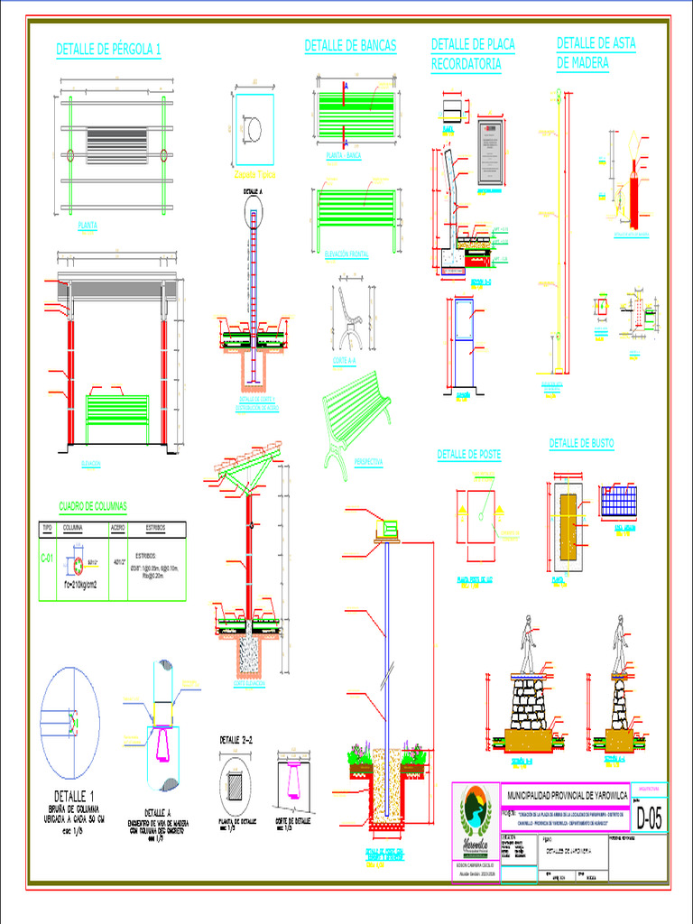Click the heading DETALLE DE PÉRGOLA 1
point(108,50)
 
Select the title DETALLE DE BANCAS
point(350,45)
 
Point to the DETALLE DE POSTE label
point(468,454)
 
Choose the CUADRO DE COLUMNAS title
point(93,505)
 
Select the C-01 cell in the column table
point(47,559)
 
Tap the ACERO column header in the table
point(117,528)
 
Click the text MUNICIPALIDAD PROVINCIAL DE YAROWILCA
point(564,795)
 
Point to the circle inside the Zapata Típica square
point(254,129)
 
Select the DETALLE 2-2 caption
point(242,740)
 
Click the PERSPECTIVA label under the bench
point(368,461)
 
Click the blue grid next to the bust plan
point(618,500)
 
